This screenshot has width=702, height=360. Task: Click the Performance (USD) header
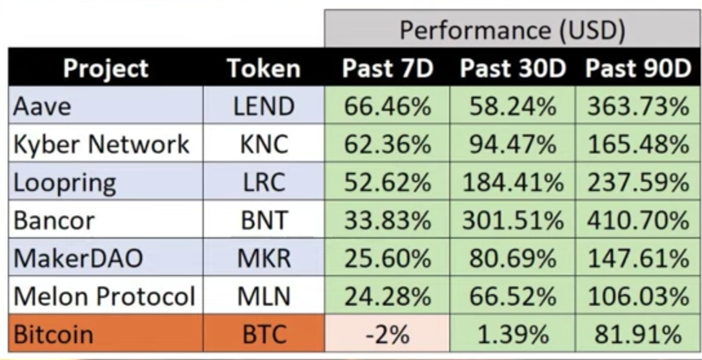512,30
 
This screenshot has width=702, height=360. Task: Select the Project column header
106,68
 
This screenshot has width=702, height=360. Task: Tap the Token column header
264,68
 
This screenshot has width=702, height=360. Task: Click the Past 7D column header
388,68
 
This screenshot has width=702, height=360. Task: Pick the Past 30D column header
513,68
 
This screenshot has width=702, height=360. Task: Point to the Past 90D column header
638,68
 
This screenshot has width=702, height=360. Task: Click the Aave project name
42,106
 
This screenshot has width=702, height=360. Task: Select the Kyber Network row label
102,145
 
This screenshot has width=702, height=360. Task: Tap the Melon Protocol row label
105,296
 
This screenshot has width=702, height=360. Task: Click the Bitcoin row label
54,334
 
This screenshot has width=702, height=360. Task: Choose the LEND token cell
264,106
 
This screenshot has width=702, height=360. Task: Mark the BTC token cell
264,334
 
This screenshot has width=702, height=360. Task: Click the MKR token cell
264,258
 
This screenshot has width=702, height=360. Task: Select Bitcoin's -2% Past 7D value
388,334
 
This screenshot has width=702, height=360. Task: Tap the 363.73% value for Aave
638,106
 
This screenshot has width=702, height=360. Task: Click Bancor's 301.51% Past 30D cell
513,221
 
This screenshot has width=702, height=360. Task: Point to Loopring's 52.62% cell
388,183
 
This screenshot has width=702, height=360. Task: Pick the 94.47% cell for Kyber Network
513,145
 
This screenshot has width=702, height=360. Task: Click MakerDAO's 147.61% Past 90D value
638,258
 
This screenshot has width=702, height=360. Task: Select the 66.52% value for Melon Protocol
513,296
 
